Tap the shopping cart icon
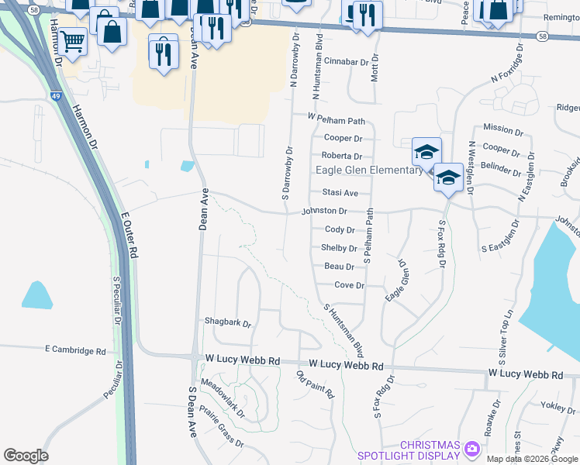pyautogui.click(x=72, y=42)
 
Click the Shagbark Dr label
pyautogui.click(x=228, y=322)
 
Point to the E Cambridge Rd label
pyautogui.click(x=75, y=350)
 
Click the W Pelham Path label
pyautogui.click(x=336, y=119)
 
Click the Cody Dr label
pyautogui.click(x=340, y=230)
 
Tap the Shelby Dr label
pyautogui.click(x=339, y=249)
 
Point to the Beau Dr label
pyautogui.click(x=339, y=267)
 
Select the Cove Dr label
pyautogui.click(x=349, y=285)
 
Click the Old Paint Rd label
pyautogui.click(x=316, y=385)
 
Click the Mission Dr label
pyautogui.click(x=503, y=129)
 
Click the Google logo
pyautogui.click(x=26, y=456)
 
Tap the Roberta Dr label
pyautogui.click(x=343, y=156)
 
